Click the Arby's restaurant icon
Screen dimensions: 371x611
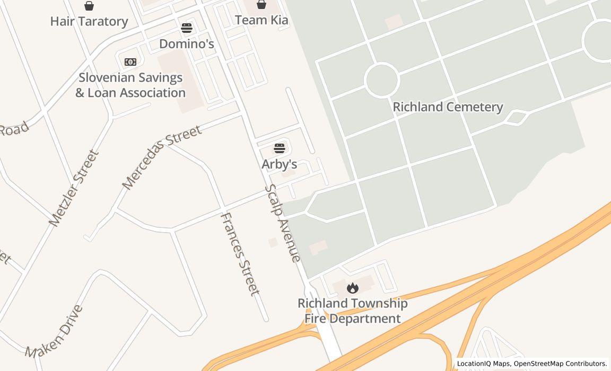[x=280, y=148]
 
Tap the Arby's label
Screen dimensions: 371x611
[x=279, y=164]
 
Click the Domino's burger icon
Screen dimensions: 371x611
[x=187, y=28]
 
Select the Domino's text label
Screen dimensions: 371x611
[x=187, y=43]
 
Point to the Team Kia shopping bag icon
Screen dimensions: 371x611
[x=261, y=5]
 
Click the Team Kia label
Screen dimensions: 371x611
[x=261, y=20]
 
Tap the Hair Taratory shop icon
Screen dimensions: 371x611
[x=89, y=6]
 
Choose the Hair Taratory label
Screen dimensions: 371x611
[x=89, y=21]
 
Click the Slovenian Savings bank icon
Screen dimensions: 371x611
[x=130, y=62]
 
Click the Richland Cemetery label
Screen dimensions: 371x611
[x=448, y=107]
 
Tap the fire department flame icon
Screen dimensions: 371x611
[x=352, y=288]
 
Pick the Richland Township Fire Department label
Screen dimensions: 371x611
[x=352, y=311]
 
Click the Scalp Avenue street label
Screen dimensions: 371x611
[x=283, y=223]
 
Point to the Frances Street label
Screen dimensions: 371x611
[x=240, y=254]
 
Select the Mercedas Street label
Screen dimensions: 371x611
[x=161, y=157]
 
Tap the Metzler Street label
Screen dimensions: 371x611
[x=74, y=188]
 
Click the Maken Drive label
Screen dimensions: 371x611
[x=54, y=332]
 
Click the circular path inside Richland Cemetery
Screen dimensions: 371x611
[x=381, y=80]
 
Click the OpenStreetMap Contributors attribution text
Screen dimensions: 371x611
[x=560, y=364]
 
